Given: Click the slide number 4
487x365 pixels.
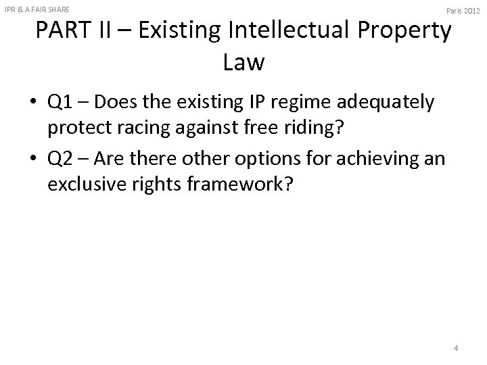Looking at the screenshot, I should [x=456, y=348].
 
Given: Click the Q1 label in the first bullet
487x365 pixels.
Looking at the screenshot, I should [x=61, y=103].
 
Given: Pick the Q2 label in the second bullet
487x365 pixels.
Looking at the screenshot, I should [x=61, y=161].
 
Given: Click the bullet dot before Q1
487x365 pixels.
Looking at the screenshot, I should [x=34, y=103].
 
